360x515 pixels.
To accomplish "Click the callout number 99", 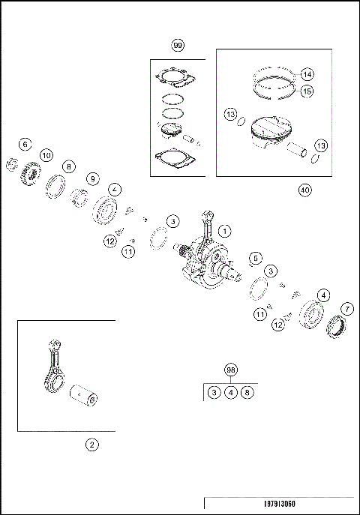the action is pos(178,45).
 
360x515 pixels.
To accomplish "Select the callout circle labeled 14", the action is pos(307,74).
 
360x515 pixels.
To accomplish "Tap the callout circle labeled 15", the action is pos(307,91).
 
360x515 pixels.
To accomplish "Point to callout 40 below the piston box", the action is pos(305,190).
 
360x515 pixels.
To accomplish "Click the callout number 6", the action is pos(25,145).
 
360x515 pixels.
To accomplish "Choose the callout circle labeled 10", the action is pos(46,155).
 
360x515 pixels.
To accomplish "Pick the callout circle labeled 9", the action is pos(93,179).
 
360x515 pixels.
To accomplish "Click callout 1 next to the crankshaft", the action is pos(225,231).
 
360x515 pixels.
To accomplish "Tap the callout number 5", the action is pos(256,258).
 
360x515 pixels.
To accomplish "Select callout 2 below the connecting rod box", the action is pos(92,445).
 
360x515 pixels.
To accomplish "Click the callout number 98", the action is pos(231,370).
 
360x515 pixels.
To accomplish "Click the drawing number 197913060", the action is pos(280,504).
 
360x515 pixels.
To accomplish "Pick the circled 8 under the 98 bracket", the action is pos(247,392).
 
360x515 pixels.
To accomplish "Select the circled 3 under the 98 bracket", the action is pos(214,392).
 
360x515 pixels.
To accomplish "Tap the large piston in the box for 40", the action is pos(271,132).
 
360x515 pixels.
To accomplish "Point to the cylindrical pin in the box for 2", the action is pos(84,396).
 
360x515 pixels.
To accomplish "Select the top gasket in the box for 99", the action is pos(175,79).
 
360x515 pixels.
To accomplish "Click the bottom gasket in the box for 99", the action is pos(175,159).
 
